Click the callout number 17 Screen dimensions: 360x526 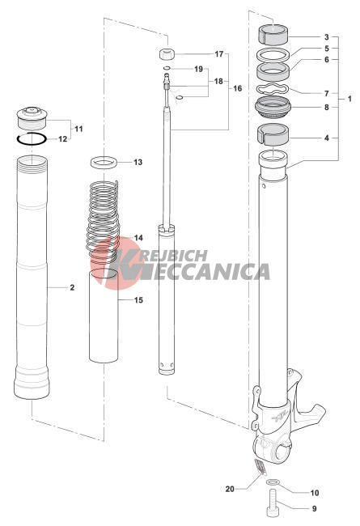click(x=218, y=53)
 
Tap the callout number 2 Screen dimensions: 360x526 click(x=72, y=287)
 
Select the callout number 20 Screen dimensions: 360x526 click(x=230, y=489)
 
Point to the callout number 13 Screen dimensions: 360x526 click(x=138, y=163)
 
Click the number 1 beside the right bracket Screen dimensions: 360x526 click(x=349, y=99)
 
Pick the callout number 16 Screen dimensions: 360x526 click(x=238, y=88)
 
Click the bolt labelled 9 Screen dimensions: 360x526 click(x=273, y=503)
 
